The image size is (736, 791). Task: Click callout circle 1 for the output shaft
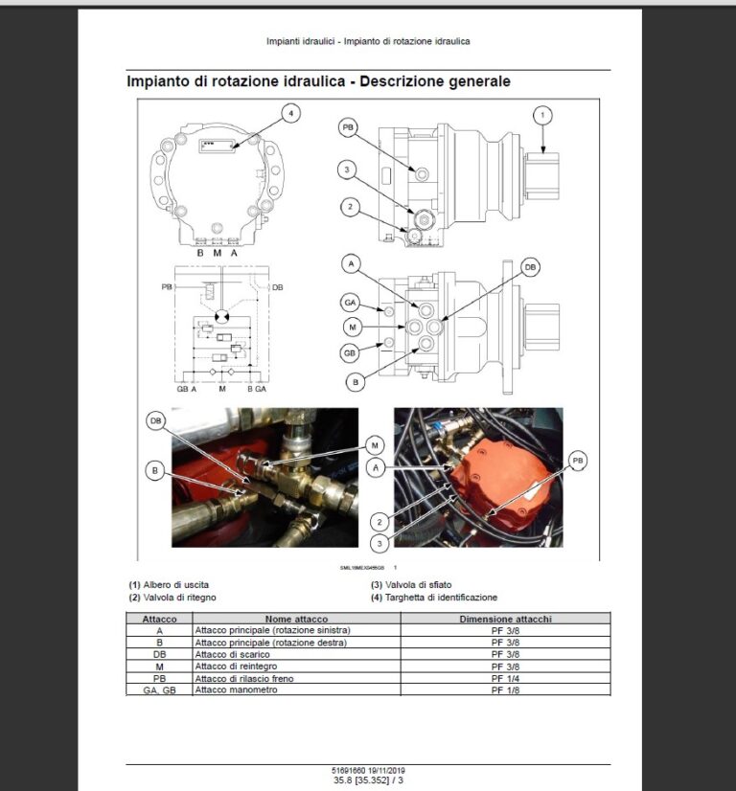[x=541, y=116]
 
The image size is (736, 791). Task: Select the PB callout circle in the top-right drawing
[x=349, y=126]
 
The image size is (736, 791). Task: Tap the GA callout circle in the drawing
[x=351, y=304]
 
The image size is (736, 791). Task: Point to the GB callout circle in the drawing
[x=351, y=351]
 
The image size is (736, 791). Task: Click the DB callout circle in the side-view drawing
[x=530, y=269]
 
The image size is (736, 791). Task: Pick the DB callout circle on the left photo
[x=154, y=420]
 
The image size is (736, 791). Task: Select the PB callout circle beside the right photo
[x=578, y=461]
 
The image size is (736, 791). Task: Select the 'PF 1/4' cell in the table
[x=497, y=678]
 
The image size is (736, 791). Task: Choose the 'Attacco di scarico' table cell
[x=233, y=655]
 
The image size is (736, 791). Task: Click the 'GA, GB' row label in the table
[x=159, y=689]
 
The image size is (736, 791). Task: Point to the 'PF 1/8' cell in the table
[x=497, y=689]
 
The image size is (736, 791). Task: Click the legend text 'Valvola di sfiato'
[x=416, y=584]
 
